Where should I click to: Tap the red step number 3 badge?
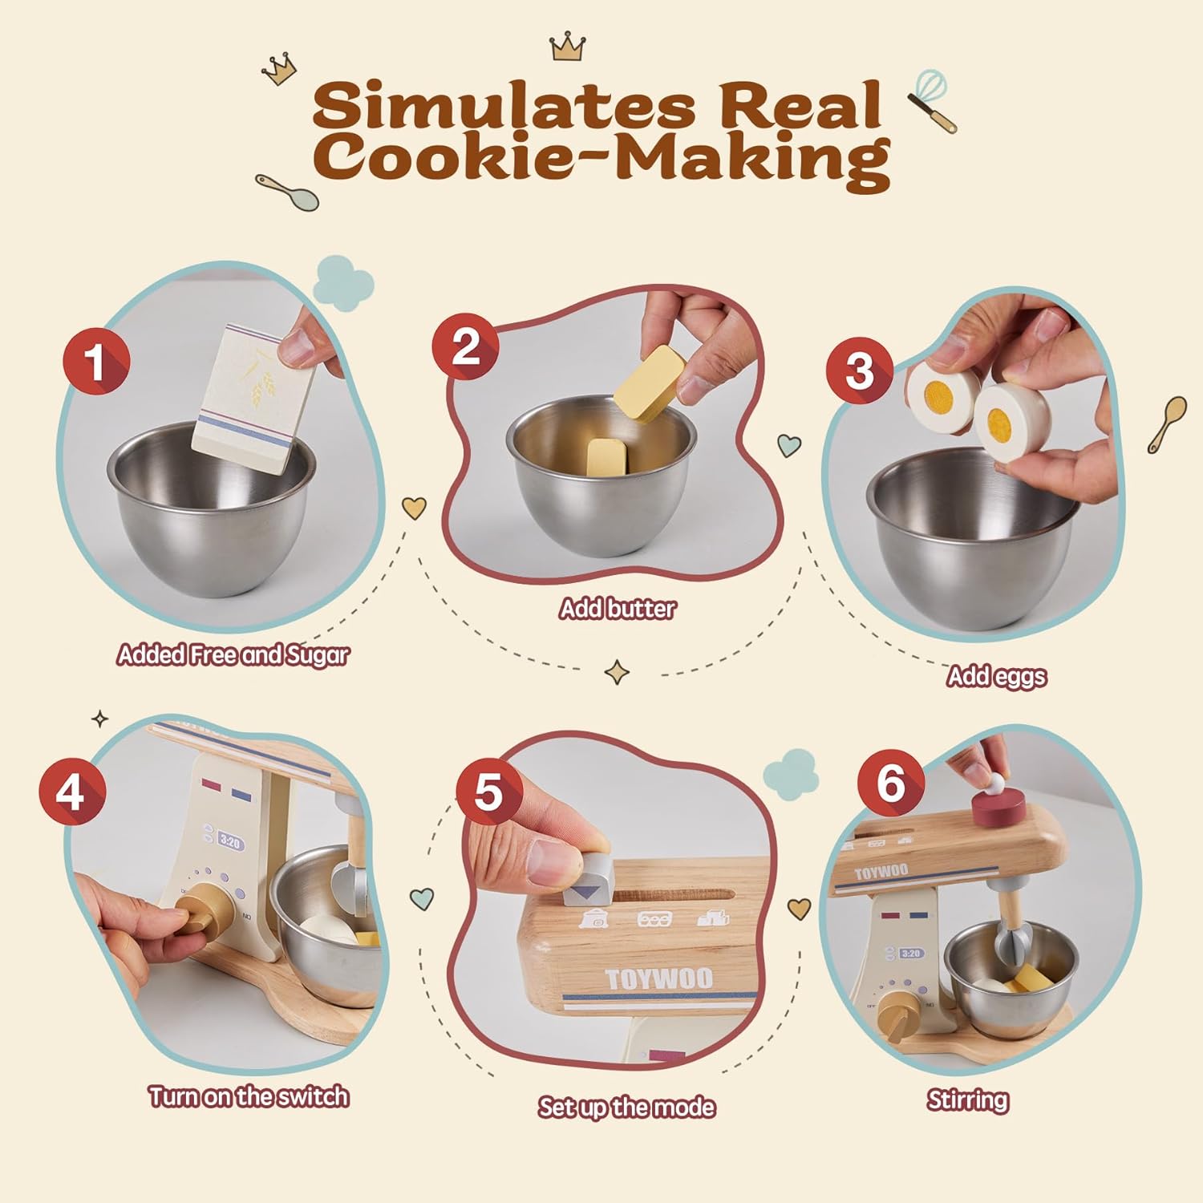pyautogui.click(x=860, y=370)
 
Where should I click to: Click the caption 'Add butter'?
pyautogui.click(x=618, y=609)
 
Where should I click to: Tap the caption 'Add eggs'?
pyautogui.click(x=997, y=677)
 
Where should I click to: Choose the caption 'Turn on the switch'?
pyautogui.click(x=249, y=1096)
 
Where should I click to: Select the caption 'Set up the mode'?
pyautogui.click(x=626, y=1108)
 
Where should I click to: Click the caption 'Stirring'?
pyautogui.click(x=968, y=1100)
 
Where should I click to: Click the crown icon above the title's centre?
pyautogui.click(x=569, y=47)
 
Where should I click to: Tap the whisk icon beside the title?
pyautogui.click(x=933, y=100)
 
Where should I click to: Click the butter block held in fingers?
pyautogui.click(x=650, y=382)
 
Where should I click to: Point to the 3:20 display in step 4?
pyautogui.click(x=229, y=842)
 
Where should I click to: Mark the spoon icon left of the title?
pyautogui.click(x=287, y=191)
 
